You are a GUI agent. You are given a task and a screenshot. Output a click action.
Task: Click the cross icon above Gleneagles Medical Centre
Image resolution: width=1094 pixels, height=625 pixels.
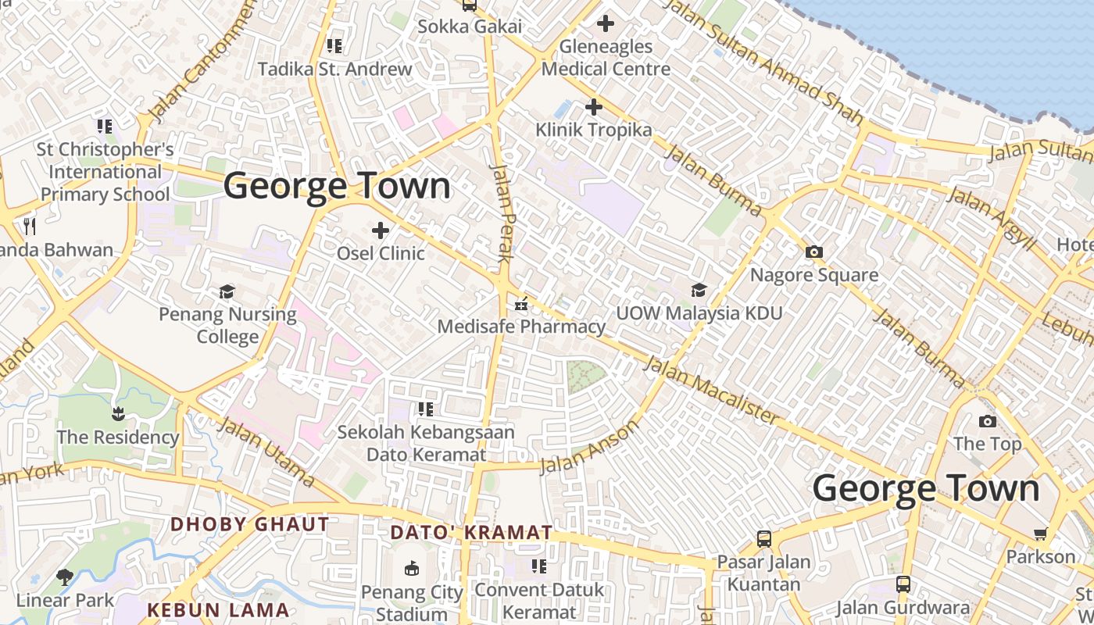click(x=605, y=24)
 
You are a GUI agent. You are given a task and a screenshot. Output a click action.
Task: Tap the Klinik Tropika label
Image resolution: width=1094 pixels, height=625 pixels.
click(x=593, y=130)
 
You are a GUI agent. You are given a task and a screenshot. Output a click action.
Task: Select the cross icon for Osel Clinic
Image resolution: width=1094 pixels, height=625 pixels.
click(x=381, y=230)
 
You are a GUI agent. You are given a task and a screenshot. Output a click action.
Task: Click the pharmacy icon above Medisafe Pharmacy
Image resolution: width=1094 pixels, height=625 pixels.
click(x=521, y=304)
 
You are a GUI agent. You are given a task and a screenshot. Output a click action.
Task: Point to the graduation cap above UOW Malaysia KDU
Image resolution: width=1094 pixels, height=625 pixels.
click(x=699, y=291)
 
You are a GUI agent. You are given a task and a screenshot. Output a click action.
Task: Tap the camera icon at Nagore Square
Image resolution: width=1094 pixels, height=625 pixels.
click(x=813, y=252)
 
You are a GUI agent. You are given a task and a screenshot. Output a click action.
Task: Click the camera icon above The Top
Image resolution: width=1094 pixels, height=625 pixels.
click(x=987, y=422)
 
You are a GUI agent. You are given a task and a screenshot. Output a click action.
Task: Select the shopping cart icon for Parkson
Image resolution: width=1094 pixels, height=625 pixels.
click(x=1040, y=534)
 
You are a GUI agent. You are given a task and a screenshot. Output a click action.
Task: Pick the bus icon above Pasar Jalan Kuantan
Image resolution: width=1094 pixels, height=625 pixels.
click(x=763, y=539)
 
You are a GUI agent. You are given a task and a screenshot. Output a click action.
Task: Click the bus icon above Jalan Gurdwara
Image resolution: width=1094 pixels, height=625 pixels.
click(x=903, y=584)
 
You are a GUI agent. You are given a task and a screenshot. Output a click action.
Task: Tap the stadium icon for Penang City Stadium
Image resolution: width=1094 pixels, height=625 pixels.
click(x=411, y=569)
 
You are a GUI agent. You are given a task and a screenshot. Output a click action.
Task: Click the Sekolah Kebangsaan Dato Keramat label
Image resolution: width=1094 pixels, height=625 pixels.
click(x=426, y=443)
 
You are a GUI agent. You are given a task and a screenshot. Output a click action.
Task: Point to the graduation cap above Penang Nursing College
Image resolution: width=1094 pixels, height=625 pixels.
click(x=227, y=292)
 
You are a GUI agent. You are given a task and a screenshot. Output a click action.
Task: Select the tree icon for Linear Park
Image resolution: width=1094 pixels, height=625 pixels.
click(x=65, y=578)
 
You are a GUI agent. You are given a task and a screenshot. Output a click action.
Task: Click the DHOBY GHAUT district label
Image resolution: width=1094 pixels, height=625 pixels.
click(x=249, y=524)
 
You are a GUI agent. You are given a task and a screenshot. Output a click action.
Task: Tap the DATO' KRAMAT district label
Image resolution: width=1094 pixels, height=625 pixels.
click(x=471, y=533)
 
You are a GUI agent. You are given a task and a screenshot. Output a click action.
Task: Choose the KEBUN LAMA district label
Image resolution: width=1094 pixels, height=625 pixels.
click(x=218, y=610)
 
